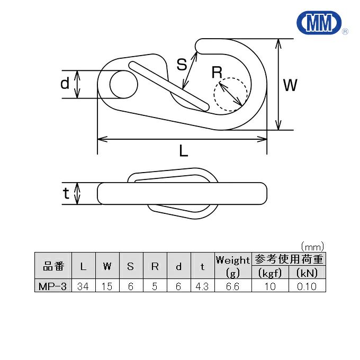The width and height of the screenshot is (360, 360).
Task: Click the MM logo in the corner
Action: click(320, 23)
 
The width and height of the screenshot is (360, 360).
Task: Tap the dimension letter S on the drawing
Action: click(182, 65)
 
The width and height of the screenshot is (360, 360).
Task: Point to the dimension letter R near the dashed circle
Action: click(217, 72)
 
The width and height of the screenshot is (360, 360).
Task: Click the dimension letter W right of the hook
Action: click(290, 85)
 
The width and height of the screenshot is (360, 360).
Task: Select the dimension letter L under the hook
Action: click(184, 150)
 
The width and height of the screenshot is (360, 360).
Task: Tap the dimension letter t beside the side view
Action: click(66, 193)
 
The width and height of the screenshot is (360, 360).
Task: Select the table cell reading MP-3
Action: click(53, 286)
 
